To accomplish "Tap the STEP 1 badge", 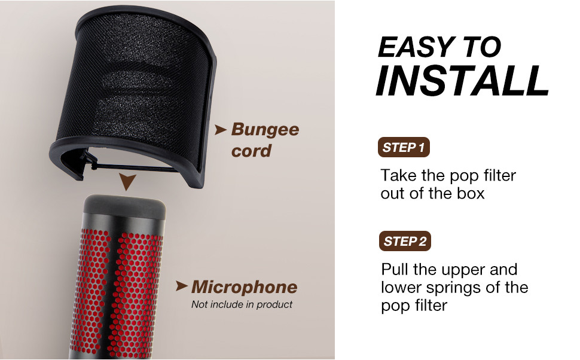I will tap(404, 147).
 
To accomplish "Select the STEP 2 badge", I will tap(405, 241).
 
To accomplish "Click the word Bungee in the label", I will tap(265, 130).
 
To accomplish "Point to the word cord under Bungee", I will tap(251, 151).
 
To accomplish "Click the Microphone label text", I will tap(244, 287).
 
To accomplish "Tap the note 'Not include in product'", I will tap(242, 304).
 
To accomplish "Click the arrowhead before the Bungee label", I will tap(221, 129).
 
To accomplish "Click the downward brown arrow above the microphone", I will tap(126, 181).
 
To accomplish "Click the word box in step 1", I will tap(470, 193).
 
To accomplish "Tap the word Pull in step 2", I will tap(396, 269).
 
